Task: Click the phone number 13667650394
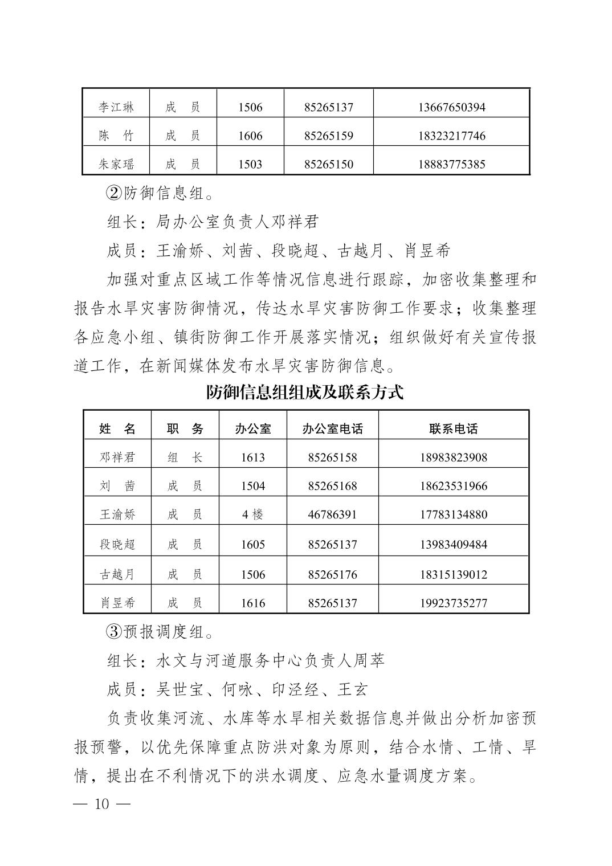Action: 451,107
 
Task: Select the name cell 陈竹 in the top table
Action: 116,136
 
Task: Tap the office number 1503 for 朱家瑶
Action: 250,165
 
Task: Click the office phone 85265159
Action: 329,136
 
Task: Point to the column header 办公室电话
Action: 332,429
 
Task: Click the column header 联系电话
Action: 454,429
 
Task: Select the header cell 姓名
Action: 117,429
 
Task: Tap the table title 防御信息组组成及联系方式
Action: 305,393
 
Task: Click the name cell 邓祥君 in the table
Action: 117,457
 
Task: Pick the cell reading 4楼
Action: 253,514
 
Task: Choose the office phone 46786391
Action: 332,514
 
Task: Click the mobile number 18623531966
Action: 454,486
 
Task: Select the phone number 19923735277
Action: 454,603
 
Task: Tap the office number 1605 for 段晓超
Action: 253,544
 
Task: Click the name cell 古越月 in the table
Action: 117,574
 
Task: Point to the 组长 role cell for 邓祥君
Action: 185,457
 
